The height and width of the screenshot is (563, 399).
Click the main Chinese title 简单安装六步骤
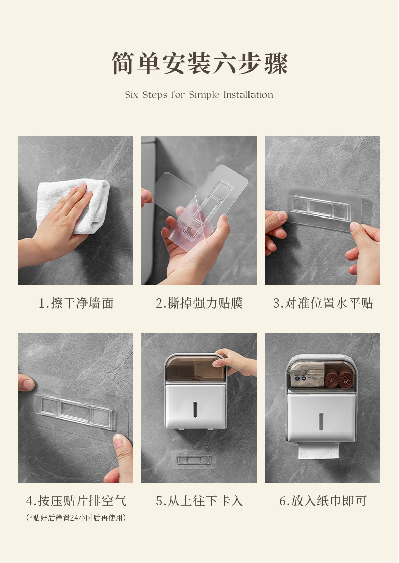[x=199, y=63]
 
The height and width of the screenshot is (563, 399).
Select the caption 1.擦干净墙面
[x=76, y=304]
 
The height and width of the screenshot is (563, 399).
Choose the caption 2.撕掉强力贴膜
[x=199, y=304]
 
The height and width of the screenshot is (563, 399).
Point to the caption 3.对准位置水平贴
[x=323, y=304]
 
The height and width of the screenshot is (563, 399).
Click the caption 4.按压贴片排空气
[x=76, y=500]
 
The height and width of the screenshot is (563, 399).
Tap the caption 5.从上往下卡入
[x=199, y=500]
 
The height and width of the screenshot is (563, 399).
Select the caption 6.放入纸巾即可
[x=323, y=500]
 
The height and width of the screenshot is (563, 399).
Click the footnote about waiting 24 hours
[x=76, y=518]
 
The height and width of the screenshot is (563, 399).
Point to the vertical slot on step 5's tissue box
[x=195, y=410]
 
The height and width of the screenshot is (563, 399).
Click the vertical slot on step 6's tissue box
[x=321, y=421]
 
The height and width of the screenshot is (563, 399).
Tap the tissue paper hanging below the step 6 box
[x=319, y=451]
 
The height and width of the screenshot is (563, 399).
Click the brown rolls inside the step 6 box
[x=339, y=378]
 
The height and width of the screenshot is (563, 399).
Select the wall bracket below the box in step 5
[x=193, y=460]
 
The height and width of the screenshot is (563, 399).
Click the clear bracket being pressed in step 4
[x=74, y=411]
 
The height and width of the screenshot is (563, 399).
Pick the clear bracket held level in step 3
[x=320, y=208]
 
